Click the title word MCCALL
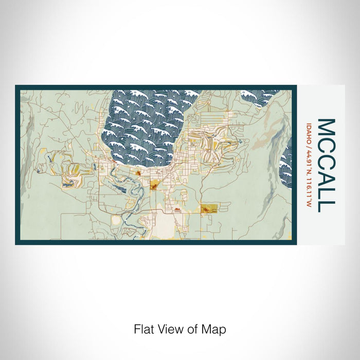[326, 165]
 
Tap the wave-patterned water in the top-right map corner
[262, 97]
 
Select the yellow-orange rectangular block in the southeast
[209, 208]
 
